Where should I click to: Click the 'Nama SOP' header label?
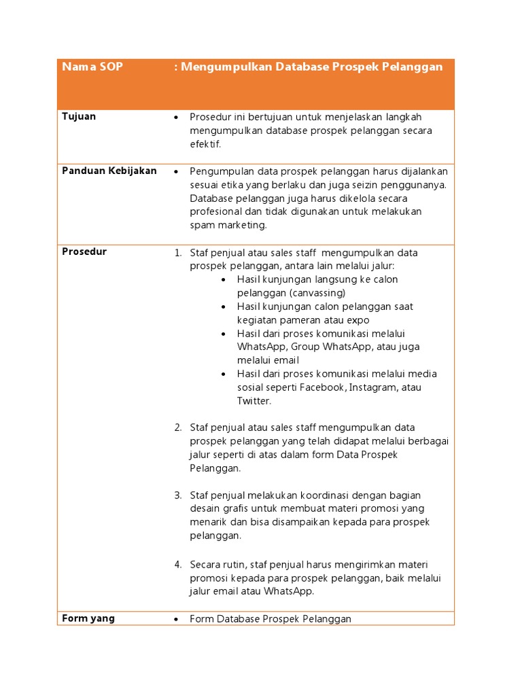click(92, 67)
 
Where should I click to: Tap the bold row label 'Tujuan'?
click(79, 116)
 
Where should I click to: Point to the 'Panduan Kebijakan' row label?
click(109, 171)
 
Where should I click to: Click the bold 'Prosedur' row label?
click(84, 251)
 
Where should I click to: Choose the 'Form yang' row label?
click(88, 618)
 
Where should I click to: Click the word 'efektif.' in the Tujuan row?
click(206, 144)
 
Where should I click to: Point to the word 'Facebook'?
click(324, 387)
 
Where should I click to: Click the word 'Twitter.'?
click(254, 401)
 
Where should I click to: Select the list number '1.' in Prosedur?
click(177, 253)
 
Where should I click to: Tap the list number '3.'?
click(177, 495)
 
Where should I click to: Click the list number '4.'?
click(177, 565)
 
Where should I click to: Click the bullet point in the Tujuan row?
click(176, 118)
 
